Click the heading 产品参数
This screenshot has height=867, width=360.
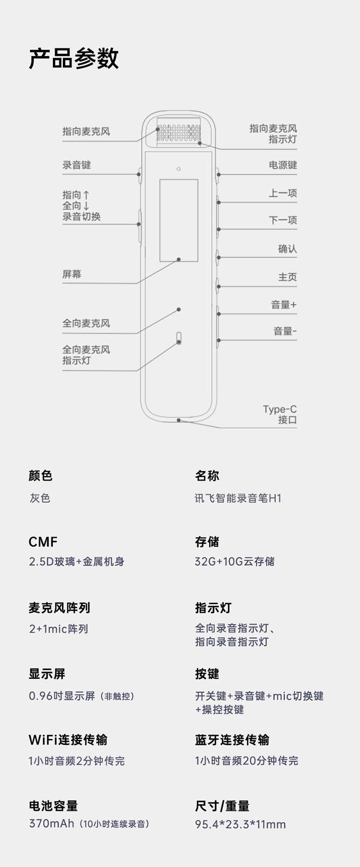click(x=73, y=59)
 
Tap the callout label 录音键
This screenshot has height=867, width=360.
click(x=76, y=165)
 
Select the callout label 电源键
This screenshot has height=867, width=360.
click(x=283, y=165)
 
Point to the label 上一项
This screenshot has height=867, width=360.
click(x=283, y=193)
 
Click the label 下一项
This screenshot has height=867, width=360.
click(x=283, y=220)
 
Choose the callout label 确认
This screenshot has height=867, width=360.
click(x=288, y=249)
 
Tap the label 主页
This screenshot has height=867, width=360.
click(x=288, y=277)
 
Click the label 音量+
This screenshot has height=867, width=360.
click(x=284, y=305)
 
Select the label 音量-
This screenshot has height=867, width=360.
click(x=285, y=331)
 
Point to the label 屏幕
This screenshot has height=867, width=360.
click(x=72, y=274)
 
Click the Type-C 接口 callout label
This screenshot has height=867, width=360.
click(x=280, y=415)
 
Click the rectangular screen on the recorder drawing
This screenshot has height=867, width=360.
click(x=179, y=221)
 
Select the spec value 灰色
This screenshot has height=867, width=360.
click(x=40, y=498)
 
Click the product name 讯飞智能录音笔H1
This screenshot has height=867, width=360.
click(x=238, y=498)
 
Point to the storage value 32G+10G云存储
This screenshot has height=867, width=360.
click(x=235, y=561)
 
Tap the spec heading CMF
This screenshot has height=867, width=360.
click(x=43, y=542)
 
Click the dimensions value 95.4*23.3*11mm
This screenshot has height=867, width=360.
click(x=240, y=824)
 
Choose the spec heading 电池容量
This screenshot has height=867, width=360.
click(x=53, y=806)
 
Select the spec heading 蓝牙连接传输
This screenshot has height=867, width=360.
click(x=232, y=740)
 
